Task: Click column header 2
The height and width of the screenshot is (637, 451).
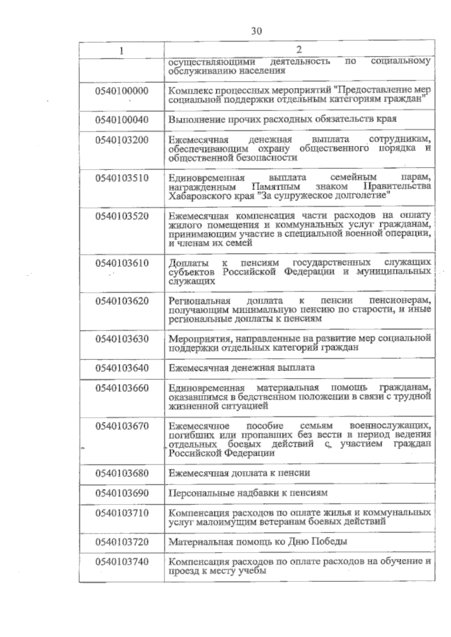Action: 299,50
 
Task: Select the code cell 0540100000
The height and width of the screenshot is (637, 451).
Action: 122,91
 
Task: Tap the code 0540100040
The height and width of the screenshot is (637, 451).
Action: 122,120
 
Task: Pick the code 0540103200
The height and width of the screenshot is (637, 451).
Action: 122,140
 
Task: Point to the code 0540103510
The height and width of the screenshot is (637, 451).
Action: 122,178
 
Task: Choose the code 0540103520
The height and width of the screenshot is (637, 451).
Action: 122,216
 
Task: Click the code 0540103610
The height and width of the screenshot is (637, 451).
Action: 122,263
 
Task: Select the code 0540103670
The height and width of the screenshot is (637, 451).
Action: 122,426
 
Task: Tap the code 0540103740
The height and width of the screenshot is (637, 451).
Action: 122,562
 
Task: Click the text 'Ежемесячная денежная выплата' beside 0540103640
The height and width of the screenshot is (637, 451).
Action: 242,367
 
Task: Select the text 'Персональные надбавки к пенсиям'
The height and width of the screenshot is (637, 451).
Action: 248,492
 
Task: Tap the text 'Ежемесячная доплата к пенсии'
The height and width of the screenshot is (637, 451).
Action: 239,473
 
